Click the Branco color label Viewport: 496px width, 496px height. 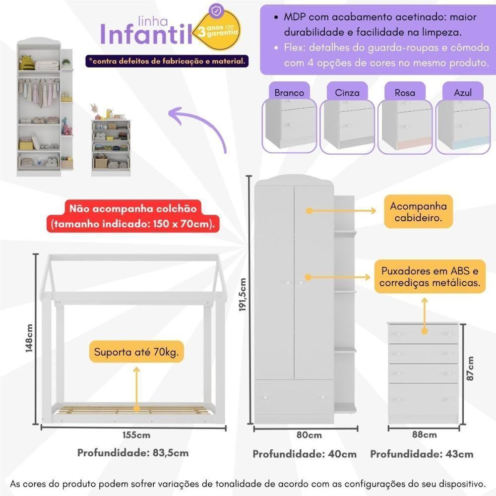click(x=289, y=93)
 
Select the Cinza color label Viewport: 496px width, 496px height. click(x=347, y=93)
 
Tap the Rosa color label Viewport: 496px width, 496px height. click(x=405, y=93)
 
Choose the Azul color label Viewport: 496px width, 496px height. click(x=462, y=93)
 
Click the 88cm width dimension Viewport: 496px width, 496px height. click(x=424, y=435)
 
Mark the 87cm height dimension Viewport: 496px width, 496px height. click(x=470, y=368)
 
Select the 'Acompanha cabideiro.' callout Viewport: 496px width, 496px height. click(x=418, y=212)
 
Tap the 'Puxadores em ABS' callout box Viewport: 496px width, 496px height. click(x=430, y=277)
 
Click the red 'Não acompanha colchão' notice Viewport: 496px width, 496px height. click(x=132, y=216)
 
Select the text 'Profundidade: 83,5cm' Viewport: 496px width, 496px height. click(x=133, y=453)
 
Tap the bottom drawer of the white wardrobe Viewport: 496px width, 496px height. click(x=294, y=397)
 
